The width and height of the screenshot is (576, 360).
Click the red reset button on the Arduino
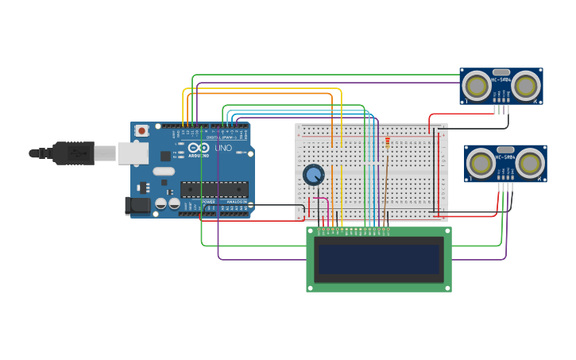(x=141, y=130)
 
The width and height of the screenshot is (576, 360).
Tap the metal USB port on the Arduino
(x=133, y=153)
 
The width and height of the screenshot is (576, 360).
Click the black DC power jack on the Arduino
(x=137, y=206)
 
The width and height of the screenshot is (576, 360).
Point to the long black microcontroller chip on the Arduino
(x=214, y=189)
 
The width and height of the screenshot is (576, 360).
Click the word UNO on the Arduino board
(x=223, y=148)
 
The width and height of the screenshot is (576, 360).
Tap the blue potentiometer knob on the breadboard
(x=314, y=175)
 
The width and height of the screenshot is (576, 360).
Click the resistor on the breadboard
(x=388, y=143)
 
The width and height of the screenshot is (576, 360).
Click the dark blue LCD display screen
(x=378, y=259)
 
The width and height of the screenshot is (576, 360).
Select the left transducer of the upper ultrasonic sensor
(x=477, y=84)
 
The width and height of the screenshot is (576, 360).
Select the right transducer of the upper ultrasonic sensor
(x=525, y=84)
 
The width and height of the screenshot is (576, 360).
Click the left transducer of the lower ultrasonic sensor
(x=481, y=164)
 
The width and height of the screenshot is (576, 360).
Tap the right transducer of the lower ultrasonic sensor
(x=530, y=164)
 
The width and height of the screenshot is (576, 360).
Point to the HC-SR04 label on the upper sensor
(x=501, y=79)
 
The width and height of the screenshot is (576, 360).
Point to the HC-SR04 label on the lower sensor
(x=505, y=157)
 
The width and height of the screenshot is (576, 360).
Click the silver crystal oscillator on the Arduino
(x=164, y=171)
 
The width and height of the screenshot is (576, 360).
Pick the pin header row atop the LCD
(x=354, y=231)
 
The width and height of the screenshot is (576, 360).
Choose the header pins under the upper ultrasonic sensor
(x=501, y=110)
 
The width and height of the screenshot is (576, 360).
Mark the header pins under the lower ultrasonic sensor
(x=505, y=188)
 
